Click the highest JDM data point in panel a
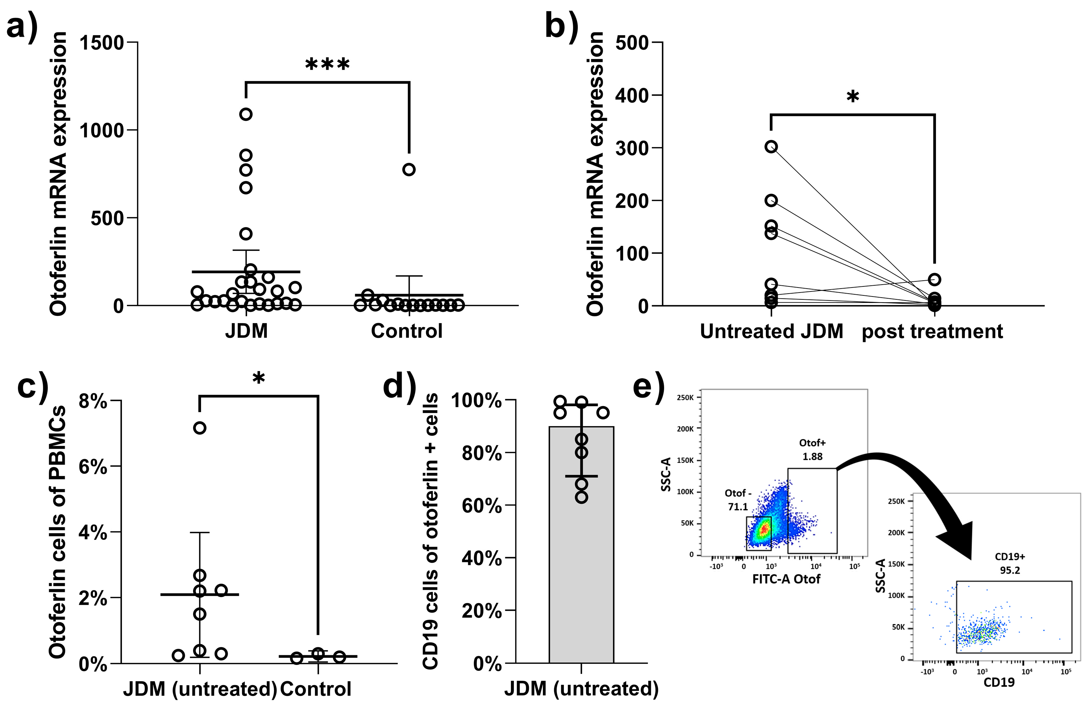tap(246, 114)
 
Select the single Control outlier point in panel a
tap(409, 169)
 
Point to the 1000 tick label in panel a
tap(102, 131)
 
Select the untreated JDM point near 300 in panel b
tap(771, 147)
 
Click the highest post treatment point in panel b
tap(935, 279)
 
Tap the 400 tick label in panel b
tap(632, 96)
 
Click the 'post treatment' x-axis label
tap(932, 331)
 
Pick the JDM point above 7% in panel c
tap(200, 428)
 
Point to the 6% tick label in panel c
tap(93, 467)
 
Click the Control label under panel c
tap(316, 689)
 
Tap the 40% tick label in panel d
tap(481, 558)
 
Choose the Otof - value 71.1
tap(737, 506)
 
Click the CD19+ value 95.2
tap(1010, 570)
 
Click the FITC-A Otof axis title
tap(786, 579)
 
